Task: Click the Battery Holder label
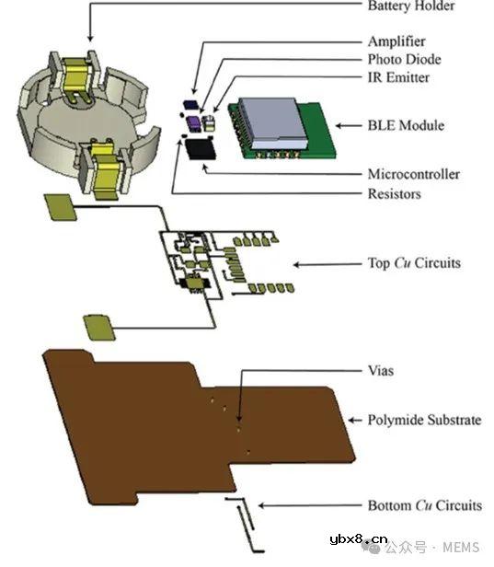pyautogui.click(x=411, y=6)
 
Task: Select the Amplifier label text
pyautogui.click(x=396, y=42)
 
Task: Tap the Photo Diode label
pyautogui.click(x=405, y=59)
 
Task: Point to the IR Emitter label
pyautogui.click(x=398, y=77)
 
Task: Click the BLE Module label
pyautogui.click(x=406, y=125)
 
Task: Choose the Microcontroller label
pyautogui.click(x=414, y=174)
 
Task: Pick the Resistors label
pyautogui.click(x=395, y=194)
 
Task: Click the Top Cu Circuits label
pyautogui.click(x=414, y=263)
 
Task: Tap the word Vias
pyautogui.click(x=381, y=371)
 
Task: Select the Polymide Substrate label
pyautogui.click(x=425, y=420)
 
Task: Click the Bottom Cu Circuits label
pyautogui.click(x=425, y=505)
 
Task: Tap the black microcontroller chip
pyautogui.click(x=201, y=149)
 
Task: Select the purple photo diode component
pyautogui.click(x=194, y=123)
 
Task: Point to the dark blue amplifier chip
pyautogui.click(x=190, y=105)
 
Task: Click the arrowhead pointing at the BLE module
pyautogui.click(x=339, y=126)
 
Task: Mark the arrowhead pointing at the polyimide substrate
pyautogui.click(x=351, y=420)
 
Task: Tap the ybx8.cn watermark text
pyautogui.click(x=359, y=539)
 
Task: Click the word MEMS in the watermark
pyautogui.click(x=461, y=548)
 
